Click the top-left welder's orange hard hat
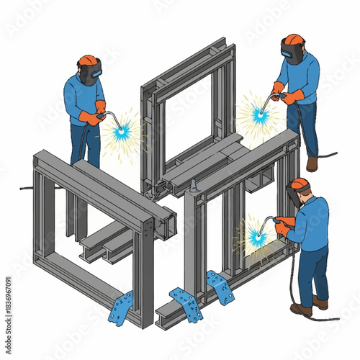coord(88,60)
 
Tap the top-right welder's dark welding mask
coord(292,53)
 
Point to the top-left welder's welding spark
coord(121,131)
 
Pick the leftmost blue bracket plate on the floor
coord(121,307)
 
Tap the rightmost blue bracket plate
coord(220,287)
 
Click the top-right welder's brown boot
coord(312,164)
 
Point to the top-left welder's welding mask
coord(91,72)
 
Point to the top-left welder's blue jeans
coord(84,144)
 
